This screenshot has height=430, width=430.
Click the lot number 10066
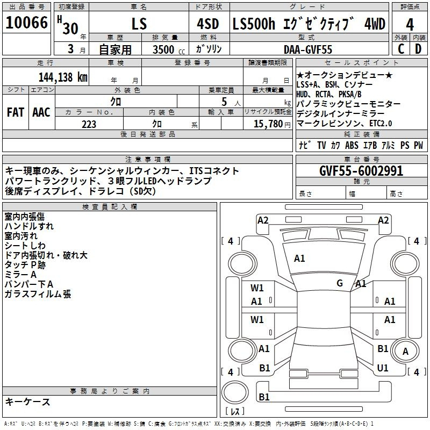[x=26, y=23]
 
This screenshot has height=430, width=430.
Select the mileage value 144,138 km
[x=63, y=77]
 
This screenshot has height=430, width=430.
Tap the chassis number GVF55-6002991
[x=361, y=171]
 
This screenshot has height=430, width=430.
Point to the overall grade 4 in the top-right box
[x=410, y=25]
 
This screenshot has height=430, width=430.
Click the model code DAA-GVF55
[x=308, y=49]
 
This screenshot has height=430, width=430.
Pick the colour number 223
[x=89, y=124]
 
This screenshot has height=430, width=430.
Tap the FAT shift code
[x=16, y=112]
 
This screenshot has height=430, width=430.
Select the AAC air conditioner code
[x=41, y=112]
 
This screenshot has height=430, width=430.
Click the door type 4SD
[x=208, y=24]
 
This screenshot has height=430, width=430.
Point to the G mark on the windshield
[x=340, y=283]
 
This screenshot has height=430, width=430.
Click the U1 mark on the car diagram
[x=383, y=368]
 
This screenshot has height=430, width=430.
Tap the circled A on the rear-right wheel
[x=405, y=351]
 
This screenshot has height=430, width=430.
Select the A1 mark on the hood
[x=299, y=259]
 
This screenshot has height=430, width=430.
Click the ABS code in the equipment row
[x=352, y=145]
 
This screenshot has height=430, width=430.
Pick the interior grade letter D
[x=418, y=49]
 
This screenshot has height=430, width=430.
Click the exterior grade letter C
[x=401, y=49]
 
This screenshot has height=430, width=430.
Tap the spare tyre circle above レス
[x=235, y=392]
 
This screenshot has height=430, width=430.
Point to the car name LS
[x=139, y=24]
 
